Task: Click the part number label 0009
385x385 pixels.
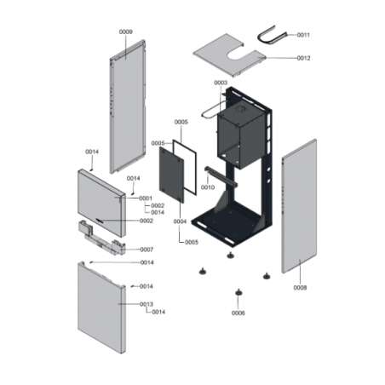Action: point(125,32)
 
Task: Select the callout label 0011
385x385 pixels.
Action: point(303,35)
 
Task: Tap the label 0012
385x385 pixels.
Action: point(303,58)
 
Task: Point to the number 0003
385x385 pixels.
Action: point(221,83)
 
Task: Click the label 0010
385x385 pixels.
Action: point(208,187)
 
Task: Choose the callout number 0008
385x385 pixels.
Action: point(300,288)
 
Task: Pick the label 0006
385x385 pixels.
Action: point(238,313)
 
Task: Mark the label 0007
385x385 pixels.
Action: point(147,250)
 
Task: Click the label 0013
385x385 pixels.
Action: point(147,304)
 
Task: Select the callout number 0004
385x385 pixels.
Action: point(180,221)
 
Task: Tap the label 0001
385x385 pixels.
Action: point(146,198)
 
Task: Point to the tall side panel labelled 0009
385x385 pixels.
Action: point(128,106)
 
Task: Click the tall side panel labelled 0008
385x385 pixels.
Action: point(299,206)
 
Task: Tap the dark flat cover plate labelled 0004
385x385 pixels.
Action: point(171,175)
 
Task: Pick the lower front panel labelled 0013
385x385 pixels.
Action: point(101,308)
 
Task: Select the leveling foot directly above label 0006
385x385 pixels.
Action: point(238,292)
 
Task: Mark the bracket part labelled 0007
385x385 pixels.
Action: point(101,237)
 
